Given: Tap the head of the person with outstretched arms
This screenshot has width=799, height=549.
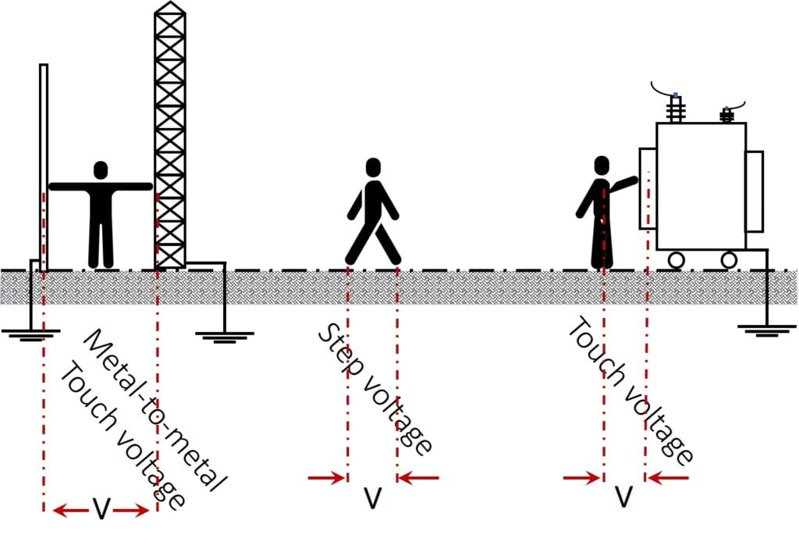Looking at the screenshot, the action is coord(101,170).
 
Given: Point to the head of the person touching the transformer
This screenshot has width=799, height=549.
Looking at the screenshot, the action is coord(602,166).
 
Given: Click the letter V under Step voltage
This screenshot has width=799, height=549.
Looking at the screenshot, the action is coord(372,498).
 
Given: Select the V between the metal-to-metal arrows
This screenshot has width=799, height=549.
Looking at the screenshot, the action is coord(101,508).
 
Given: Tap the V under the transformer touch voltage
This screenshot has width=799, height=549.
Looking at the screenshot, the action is coord(623,496).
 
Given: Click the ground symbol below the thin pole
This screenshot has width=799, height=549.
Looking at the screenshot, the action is coord(30,335).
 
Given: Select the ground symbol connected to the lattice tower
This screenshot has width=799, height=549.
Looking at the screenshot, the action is coord(224,337).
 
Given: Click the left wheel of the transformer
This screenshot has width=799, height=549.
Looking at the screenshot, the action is coord(676,260).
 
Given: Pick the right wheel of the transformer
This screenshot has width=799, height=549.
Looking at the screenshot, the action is coord(729,260).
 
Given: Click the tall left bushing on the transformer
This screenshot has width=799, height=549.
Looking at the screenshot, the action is coord(675,109).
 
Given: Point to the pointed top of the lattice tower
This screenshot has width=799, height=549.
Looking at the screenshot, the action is coord(169,2).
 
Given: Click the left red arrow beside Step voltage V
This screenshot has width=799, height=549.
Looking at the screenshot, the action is coord(327,478).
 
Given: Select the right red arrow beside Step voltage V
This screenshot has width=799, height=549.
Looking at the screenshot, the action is coord(418,478).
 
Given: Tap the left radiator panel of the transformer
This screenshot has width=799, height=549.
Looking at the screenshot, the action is coord(648,188).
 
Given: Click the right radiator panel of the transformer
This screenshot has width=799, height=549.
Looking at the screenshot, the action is coord(755,191).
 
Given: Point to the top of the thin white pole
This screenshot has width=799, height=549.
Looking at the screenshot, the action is coord(44,65).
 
